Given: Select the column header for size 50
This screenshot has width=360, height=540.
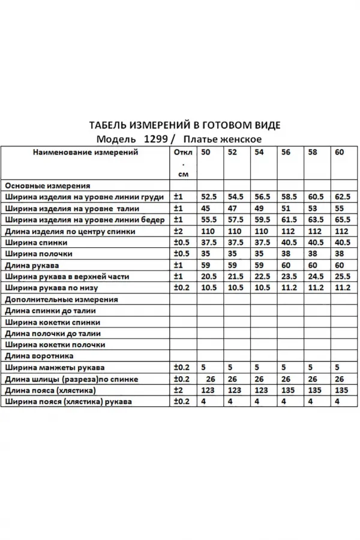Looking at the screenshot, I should [x=206, y=152].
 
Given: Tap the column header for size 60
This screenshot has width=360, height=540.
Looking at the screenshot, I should [x=340, y=152].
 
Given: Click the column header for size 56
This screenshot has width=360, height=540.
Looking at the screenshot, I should [x=286, y=152].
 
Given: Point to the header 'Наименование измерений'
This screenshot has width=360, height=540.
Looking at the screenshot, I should [x=85, y=152].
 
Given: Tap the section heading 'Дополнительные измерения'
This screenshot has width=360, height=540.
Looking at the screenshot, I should [x=61, y=299].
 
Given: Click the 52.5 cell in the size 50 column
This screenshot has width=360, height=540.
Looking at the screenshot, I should [x=208, y=197].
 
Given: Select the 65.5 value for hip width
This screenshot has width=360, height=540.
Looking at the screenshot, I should [x=343, y=220].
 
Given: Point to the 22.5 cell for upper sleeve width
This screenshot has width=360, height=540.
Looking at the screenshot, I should [x=260, y=277].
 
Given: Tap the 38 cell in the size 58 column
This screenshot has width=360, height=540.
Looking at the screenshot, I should [x=313, y=254].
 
